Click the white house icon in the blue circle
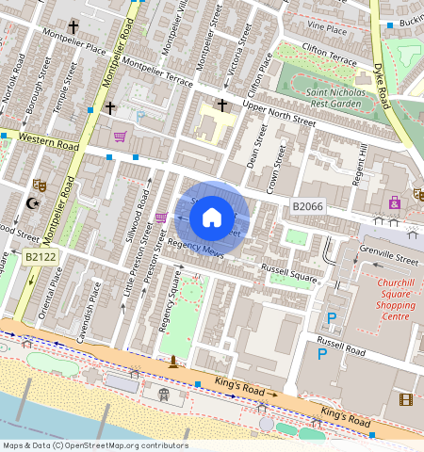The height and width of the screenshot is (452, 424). coord(212,218)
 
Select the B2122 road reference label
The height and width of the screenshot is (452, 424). coord(41,256)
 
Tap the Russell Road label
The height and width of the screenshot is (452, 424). coord(343,344)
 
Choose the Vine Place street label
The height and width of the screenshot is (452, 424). coord(327,30)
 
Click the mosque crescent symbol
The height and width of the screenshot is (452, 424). coord(34,203)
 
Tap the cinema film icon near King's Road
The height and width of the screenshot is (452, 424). coord(405,399)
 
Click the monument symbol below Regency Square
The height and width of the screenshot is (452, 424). coord(173,362)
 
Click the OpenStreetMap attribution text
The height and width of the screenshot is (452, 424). coord(95,445)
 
